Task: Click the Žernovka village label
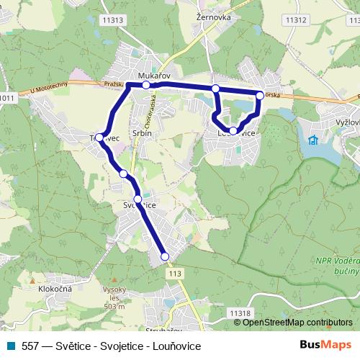[x=210, y=14]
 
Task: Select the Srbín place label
[x=141, y=133]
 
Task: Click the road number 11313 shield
[x=112, y=21]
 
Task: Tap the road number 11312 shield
[x=296, y=20]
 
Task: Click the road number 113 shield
[x=174, y=274]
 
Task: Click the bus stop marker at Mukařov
[x=146, y=85]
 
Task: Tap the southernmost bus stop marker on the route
[x=164, y=256]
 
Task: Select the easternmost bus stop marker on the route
[x=260, y=95]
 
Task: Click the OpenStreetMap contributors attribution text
[x=297, y=322]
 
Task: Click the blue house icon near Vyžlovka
[x=313, y=139]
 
